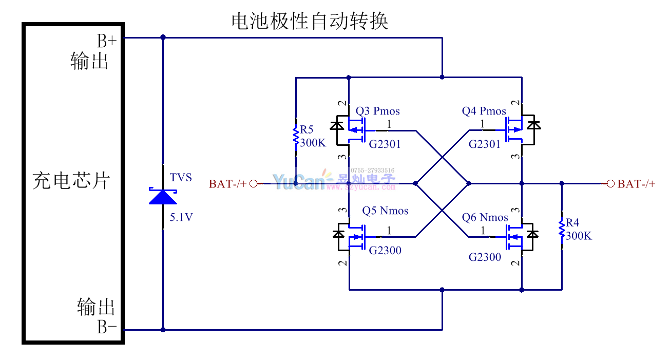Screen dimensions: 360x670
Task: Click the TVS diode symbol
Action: click(x=163, y=197)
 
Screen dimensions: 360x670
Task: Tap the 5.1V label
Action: click(x=181, y=217)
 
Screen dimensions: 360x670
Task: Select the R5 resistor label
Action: click(x=307, y=129)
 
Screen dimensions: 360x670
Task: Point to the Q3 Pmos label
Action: click(x=377, y=111)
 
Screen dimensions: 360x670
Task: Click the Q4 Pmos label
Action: click(x=484, y=111)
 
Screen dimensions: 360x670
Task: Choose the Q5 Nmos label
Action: click(x=385, y=211)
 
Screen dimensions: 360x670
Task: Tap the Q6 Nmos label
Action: click(x=485, y=217)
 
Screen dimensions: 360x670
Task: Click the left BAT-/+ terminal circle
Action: click(x=253, y=183)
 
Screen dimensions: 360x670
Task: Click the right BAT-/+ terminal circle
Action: click(x=610, y=183)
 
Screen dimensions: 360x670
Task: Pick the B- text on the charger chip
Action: click(x=107, y=327)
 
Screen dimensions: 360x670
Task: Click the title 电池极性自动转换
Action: click(x=310, y=22)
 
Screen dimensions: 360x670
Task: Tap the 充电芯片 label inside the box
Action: click(x=71, y=180)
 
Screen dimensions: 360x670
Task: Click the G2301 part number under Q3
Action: click(x=385, y=144)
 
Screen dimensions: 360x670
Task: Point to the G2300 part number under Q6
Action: click(x=485, y=257)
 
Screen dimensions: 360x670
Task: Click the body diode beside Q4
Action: click(x=534, y=124)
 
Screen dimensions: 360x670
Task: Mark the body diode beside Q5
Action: click(x=338, y=234)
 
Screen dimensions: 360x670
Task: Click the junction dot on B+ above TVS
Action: click(x=163, y=37)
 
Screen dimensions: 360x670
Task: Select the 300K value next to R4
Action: click(x=579, y=236)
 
